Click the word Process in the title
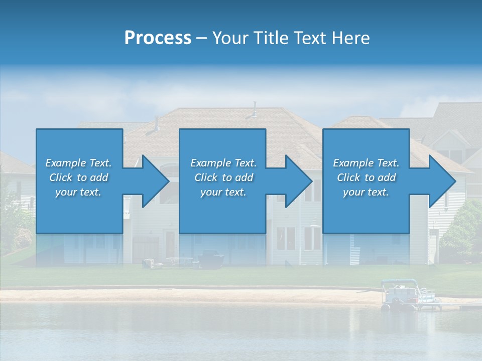pyautogui.click(x=158, y=38)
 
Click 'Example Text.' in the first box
pyautogui.click(x=78, y=163)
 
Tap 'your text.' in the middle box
pyautogui.click(x=223, y=192)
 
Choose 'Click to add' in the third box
pyautogui.click(x=366, y=177)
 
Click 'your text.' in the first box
pyautogui.click(x=78, y=192)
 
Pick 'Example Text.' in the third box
pyautogui.click(x=366, y=163)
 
